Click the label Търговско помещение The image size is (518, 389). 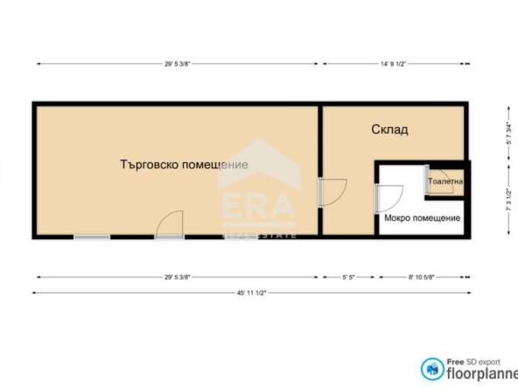click(x=184, y=165)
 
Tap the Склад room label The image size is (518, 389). click(x=390, y=130)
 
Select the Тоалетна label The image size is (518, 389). click(x=445, y=182)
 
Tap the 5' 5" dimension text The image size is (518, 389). click(x=348, y=277)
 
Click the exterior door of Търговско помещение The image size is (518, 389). click(x=168, y=224)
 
